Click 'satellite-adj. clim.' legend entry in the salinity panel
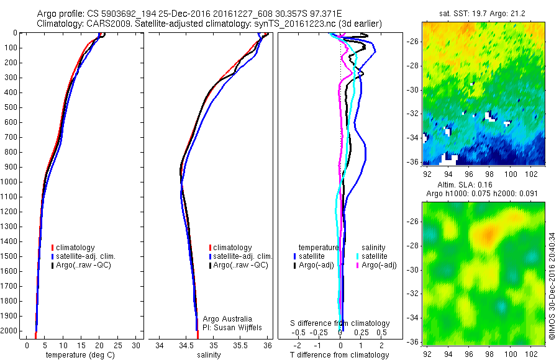243,256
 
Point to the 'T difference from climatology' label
340,355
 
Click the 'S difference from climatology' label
340,323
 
